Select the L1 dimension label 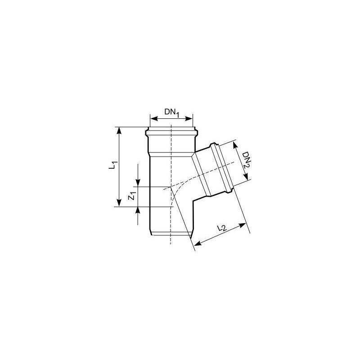(x=113, y=165)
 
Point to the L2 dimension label (x=222, y=228)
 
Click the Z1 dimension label (x=132, y=197)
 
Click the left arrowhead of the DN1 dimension (x=153, y=118)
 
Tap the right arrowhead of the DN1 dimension (x=189, y=118)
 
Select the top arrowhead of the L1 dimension (x=119, y=130)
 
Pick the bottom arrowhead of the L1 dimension (x=119, y=203)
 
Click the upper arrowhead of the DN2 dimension (x=235, y=145)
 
